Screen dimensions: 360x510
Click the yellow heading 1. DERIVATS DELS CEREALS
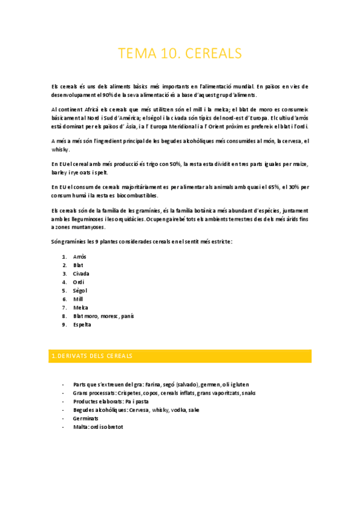point(92,356)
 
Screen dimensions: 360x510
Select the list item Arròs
point(79,257)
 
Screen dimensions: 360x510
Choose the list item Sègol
point(80,290)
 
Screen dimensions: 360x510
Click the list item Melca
point(81,307)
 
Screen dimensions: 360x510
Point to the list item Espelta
point(82,324)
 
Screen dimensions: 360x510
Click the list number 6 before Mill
point(64,299)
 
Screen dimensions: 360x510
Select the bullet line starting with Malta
point(97,426)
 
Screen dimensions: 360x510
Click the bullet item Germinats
point(86,418)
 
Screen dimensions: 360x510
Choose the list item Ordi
point(78,282)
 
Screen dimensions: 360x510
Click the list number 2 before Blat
point(64,265)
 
